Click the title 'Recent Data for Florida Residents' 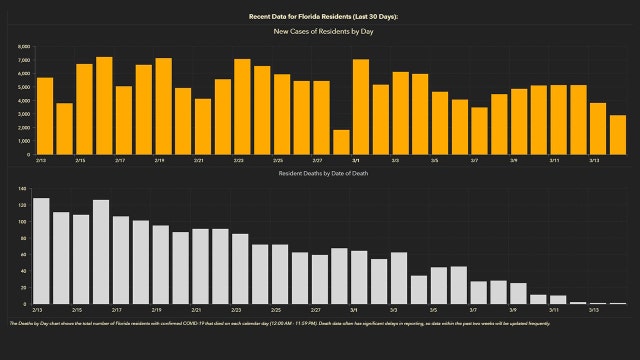319,17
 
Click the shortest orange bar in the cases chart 341,142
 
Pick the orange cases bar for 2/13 44,116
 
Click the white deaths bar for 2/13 41,251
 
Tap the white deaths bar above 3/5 439,285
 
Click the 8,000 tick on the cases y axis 24,47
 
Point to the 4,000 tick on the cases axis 24,101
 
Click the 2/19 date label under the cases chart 159,160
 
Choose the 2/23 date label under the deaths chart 239,310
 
